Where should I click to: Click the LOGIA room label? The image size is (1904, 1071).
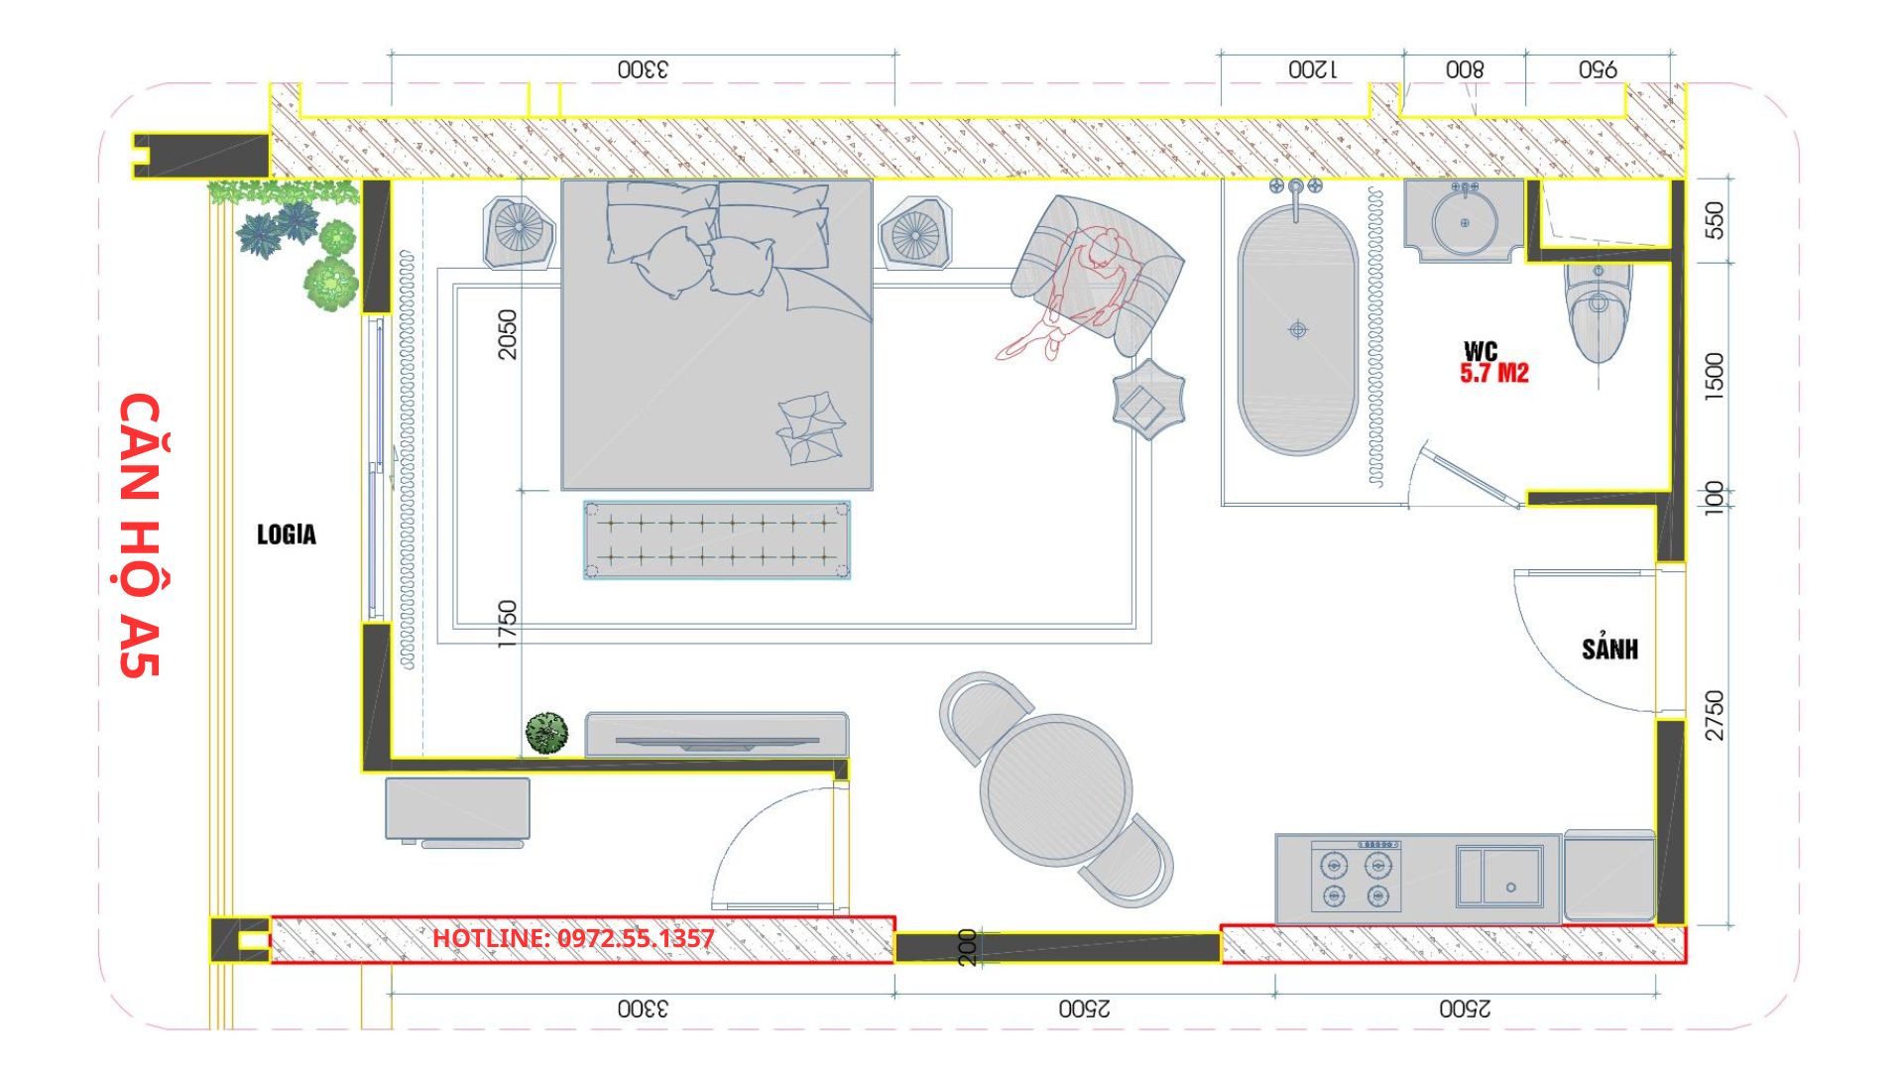pyautogui.click(x=287, y=535)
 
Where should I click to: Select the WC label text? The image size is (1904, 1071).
pyautogui.click(x=1481, y=351)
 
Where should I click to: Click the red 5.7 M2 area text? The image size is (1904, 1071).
pyautogui.click(x=1493, y=374)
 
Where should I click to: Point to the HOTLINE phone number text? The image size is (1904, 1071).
pyautogui.click(x=573, y=938)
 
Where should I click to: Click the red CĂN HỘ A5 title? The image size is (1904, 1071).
pyautogui.click(x=140, y=535)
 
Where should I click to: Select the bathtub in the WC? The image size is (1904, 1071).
pyautogui.click(x=1297, y=330)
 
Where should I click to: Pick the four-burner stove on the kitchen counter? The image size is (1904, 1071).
pyautogui.click(x=1356, y=876)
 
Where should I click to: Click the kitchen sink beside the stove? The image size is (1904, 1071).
pyautogui.click(x=1499, y=876)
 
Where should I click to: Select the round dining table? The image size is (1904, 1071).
pyautogui.click(x=1056, y=790)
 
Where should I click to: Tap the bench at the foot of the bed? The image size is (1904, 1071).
pyautogui.click(x=716, y=539)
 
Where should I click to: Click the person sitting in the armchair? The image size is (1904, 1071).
pyautogui.click(x=1071, y=293)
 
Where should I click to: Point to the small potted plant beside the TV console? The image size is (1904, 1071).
pyautogui.click(x=546, y=733)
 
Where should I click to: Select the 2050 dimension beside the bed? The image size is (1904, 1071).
pyautogui.click(x=507, y=334)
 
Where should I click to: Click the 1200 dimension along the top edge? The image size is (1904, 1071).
pyautogui.click(x=1312, y=69)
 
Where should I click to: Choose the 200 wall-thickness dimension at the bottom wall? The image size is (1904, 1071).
pyautogui.click(x=968, y=947)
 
